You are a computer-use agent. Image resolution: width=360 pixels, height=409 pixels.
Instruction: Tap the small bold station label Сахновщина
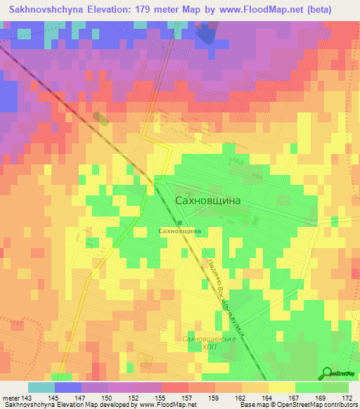point(181,231)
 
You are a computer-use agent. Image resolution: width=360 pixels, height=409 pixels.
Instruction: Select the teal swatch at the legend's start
point(41,387)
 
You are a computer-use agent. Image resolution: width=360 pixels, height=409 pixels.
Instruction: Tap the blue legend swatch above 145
point(68,387)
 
